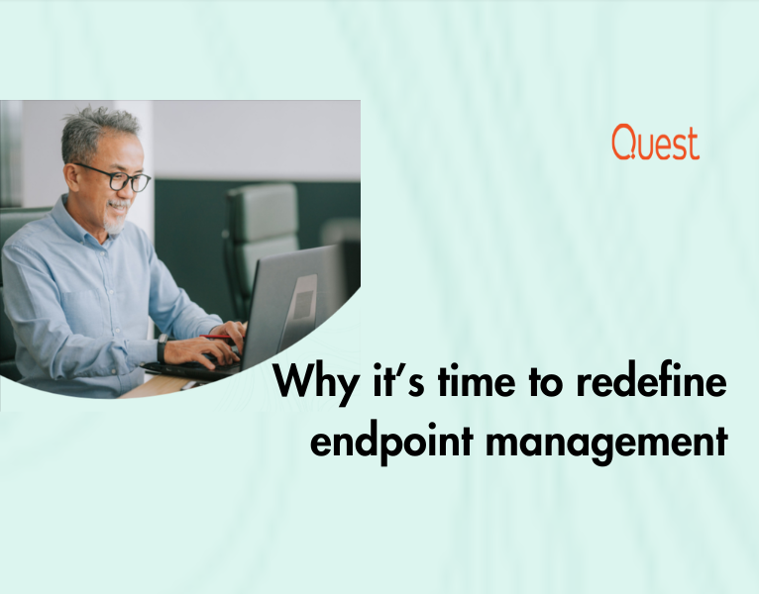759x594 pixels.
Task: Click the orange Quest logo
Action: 655,142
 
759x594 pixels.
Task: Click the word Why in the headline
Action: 316,383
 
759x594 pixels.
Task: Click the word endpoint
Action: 391,443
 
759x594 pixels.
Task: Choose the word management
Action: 607,443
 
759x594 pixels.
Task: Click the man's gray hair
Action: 97,133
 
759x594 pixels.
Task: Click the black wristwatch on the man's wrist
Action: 162,347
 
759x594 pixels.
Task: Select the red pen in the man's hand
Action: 216,337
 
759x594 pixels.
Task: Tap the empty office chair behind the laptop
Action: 262,242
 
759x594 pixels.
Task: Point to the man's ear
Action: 72,177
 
